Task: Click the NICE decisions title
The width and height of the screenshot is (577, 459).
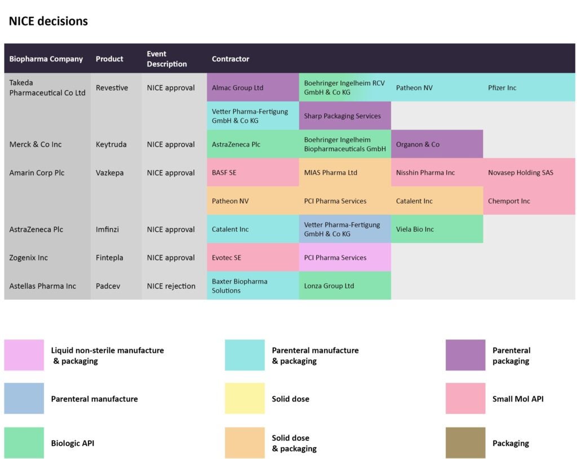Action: (48, 21)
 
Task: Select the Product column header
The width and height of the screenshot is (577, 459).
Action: (109, 59)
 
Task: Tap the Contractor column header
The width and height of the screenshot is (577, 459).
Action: (230, 59)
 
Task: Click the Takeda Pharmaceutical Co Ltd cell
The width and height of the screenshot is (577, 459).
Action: (47, 87)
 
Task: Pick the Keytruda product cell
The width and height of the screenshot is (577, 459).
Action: (111, 144)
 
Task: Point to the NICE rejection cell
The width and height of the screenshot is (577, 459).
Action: (171, 286)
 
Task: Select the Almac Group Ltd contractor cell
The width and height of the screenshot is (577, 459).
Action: (252, 87)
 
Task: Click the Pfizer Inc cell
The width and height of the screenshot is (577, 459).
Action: (529, 87)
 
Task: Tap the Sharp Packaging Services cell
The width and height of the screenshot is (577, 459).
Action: (344, 116)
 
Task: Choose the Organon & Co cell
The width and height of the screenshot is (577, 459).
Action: (436, 144)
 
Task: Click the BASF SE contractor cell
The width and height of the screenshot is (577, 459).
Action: (252, 173)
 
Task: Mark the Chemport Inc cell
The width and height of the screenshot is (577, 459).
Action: (529, 201)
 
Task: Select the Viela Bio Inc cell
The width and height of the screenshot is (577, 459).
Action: (436, 229)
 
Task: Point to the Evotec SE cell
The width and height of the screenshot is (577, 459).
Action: (252, 258)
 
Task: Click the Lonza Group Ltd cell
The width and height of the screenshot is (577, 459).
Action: (344, 286)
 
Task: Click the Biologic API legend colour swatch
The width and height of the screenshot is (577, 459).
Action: (24, 443)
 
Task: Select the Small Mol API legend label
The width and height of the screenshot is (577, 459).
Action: (518, 399)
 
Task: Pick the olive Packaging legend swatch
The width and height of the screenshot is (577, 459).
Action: (465, 443)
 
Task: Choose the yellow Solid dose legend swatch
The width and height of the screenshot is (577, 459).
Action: (245, 399)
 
